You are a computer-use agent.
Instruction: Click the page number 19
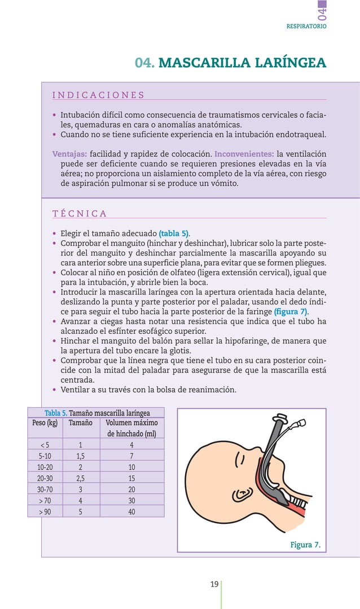pyautogui.click(x=214, y=584)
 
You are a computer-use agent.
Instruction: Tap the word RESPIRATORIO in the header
pyautogui.click(x=306, y=26)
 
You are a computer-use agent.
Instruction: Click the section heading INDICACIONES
pyautogui.click(x=98, y=95)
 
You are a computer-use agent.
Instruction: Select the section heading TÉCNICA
pyautogui.click(x=80, y=213)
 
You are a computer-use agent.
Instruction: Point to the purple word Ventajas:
pyautogui.click(x=69, y=154)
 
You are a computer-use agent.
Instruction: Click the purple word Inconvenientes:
pyautogui.click(x=244, y=154)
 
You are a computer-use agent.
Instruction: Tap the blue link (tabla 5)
pyautogui.click(x=174, y=233)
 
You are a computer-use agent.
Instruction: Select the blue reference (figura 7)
pyautogui.click(x=291, y=312)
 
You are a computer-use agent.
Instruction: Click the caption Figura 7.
pyautogui.click(x=305, y=545)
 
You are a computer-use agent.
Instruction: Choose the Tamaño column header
pyautogui.click(x=80, y=423)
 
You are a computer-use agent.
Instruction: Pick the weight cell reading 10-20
pyautogui.click(x=45, y=467)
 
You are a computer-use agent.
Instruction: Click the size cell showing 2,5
pyautogui.click(x=80, y=478)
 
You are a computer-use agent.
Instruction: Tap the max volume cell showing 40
pyautogui.click(x=131, y=511)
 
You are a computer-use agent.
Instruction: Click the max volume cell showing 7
pyautogui.click(x=131, y=456)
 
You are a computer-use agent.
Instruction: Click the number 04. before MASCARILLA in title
pyautogui.click(x=144, y=63)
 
